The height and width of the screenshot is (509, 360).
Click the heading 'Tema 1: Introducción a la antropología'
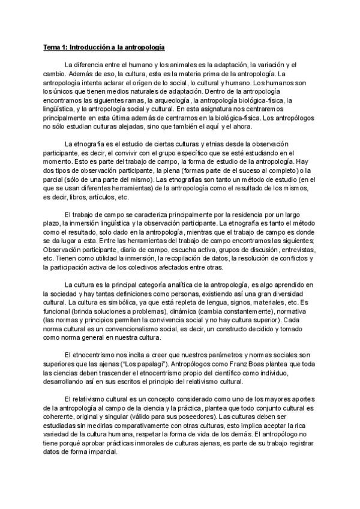103,46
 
